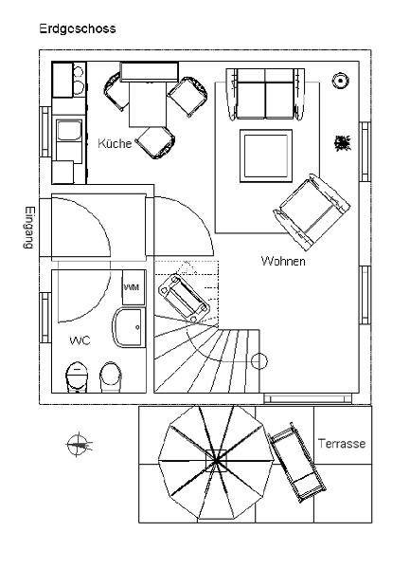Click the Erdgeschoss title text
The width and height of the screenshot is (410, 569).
click(78, 28)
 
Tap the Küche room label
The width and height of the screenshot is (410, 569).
click(115, 143)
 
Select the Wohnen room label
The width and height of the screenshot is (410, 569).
click(283, 261)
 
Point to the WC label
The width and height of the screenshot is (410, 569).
click(80, 340)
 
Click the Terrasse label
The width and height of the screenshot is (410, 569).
click(342, 444)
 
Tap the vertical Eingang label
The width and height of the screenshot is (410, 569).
click(29, 228)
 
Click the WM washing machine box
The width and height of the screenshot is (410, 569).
click(134, 287)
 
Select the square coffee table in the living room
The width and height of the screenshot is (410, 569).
click(266, 156)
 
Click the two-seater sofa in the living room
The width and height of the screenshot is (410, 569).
click(265, 94)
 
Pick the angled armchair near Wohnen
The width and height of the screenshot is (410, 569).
click(312, 211)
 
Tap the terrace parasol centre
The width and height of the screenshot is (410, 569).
click(216, 461)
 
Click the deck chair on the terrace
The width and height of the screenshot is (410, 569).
click(297, 462)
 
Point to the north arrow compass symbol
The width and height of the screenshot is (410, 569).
click(78, 444)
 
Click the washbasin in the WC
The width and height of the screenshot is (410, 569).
click(129, 328)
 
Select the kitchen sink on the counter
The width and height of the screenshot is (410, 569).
click(69, 131)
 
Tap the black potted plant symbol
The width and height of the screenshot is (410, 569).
click(342, 143)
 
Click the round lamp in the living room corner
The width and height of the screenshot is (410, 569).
click(341, 81)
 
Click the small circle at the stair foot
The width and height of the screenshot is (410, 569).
click(258, 361)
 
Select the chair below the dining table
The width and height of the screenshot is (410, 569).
click(155, 142)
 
